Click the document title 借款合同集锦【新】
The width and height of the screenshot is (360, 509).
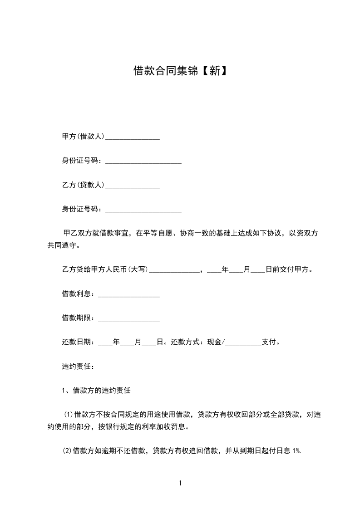pos(180,71)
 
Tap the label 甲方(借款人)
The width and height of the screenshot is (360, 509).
pos(83,136)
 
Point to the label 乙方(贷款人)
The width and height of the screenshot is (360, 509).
pos(83,185)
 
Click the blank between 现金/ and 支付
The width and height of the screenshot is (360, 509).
pos(244,344)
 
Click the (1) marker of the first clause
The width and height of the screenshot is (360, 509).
pos(69,414)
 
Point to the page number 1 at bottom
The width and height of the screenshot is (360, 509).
pos(180,484)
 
